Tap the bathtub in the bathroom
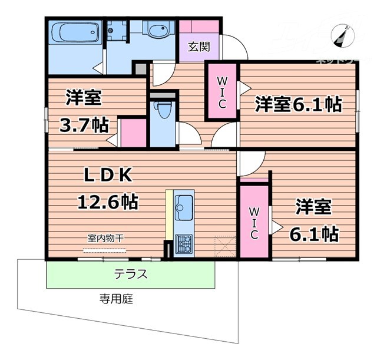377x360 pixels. (73, 32)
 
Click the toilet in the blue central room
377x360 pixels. (161, 110)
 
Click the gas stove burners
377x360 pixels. (183, 241)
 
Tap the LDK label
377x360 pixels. (108, 175)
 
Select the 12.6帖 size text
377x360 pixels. (108, 202)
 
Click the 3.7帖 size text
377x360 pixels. (84, 124)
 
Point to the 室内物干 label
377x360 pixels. (105, 238)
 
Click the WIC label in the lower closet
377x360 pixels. (254, 222)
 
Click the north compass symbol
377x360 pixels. (341, 35)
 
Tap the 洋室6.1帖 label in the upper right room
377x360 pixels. (298, 105)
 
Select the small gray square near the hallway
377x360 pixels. (140, 68)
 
